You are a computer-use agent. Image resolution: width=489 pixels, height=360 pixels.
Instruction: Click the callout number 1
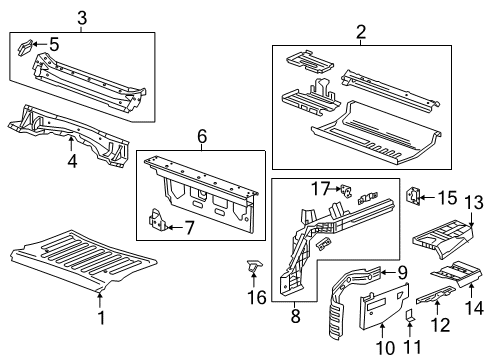pos(100,317)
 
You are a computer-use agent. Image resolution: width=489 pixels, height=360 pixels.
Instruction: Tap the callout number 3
pos(82,17)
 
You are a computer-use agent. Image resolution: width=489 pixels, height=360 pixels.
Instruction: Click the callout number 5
pos(54,44)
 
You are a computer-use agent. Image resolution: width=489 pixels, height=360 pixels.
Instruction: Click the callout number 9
pos(400,270)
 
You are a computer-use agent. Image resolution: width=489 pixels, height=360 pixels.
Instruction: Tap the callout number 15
pos(447,198)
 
